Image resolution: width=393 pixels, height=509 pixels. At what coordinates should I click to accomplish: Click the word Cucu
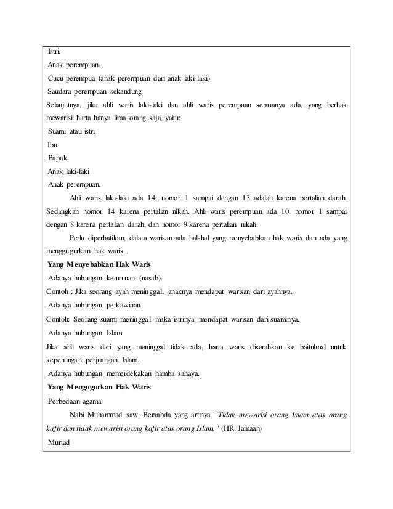pyautogui.click(x=58, y=78)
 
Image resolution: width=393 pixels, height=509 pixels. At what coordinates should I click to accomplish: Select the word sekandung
pyautogui.click(x=126, y=92)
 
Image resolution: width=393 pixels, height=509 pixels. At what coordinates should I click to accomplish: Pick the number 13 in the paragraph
pyautogui.click(x=245, y=198)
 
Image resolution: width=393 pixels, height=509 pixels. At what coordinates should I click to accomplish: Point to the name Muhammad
pyautogui.click(x=105, y=414)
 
